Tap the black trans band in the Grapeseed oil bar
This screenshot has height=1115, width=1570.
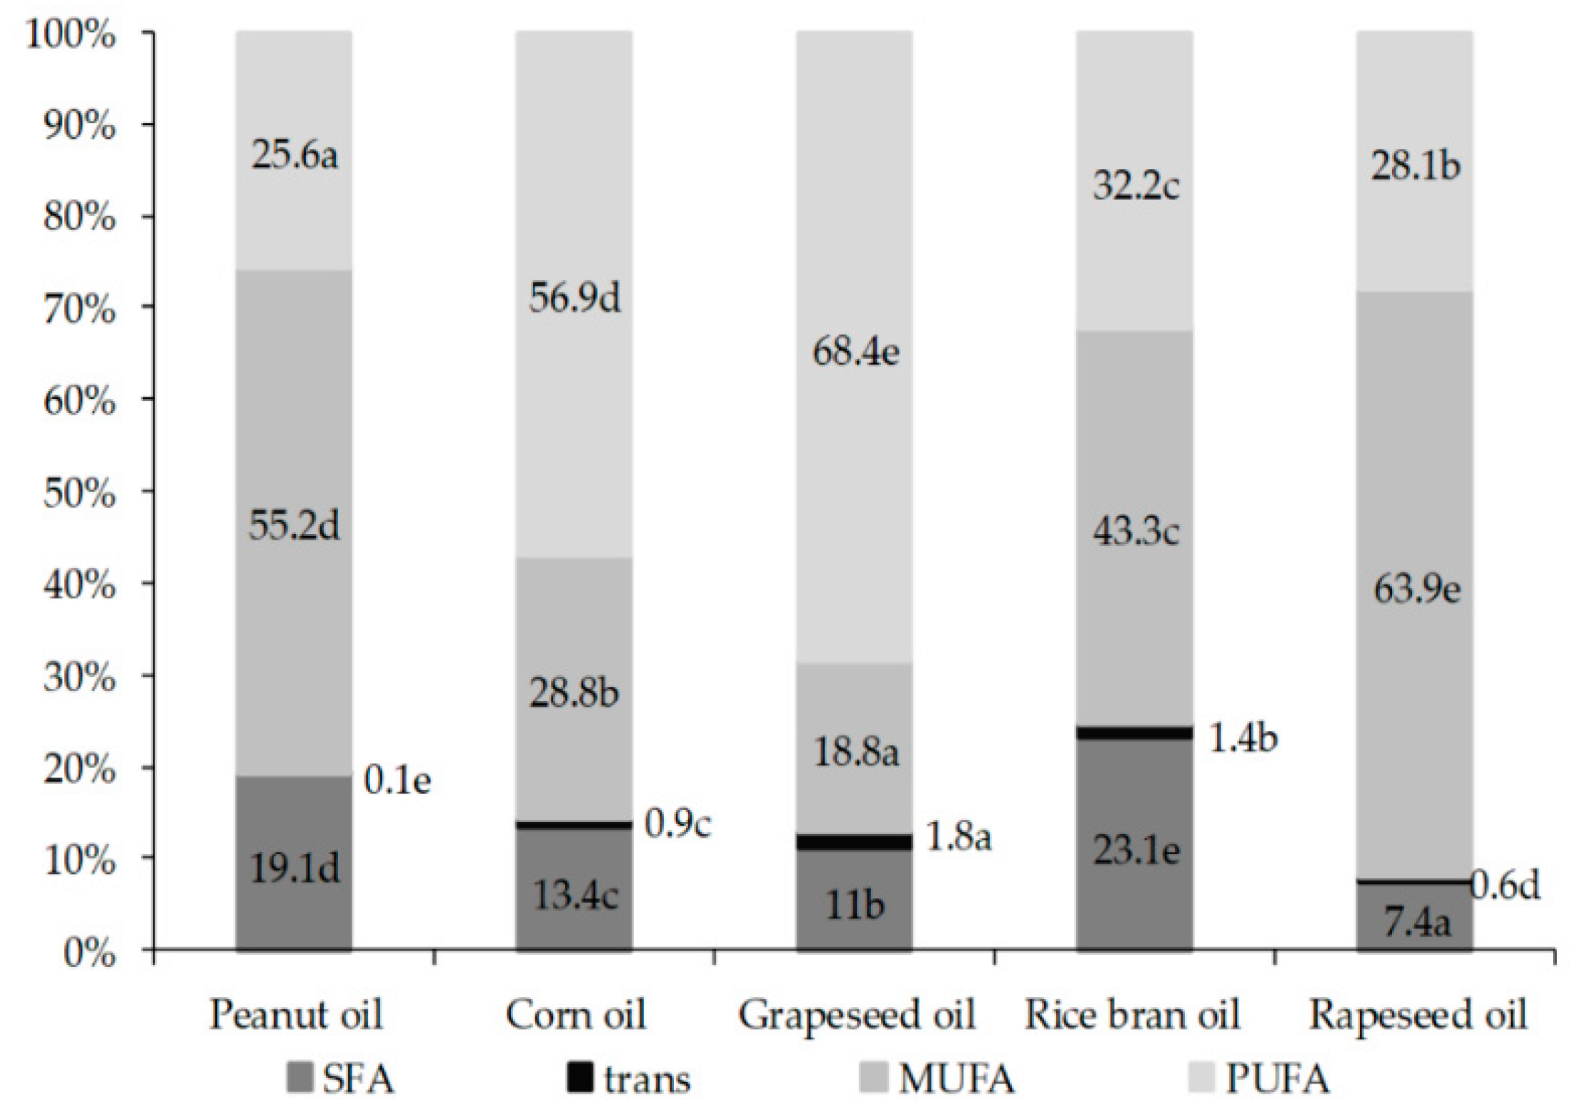click(x=854, y=842)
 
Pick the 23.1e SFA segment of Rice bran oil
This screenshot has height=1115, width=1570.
click(x=1135, y=851)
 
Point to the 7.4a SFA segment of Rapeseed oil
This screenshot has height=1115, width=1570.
click(x=1415, y=922)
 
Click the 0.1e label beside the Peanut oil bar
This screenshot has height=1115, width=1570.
click(x=397, y=780)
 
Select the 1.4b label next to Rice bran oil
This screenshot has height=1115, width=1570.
click(x=1243, y=738)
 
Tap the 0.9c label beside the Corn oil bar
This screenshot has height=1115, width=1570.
click(x=678, y=824)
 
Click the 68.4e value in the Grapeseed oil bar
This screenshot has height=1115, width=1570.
click(x=855, y=352)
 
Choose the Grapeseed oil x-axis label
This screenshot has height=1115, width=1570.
click(x=857, y=1015)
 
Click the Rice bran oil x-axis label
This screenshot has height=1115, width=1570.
click(x=1133, y=1015)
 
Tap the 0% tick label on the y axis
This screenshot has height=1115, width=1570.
click(x=89, y=953)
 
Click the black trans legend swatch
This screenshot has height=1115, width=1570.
click(x=580, y=1079)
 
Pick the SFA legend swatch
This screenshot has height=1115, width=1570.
click(x=299, y=1079)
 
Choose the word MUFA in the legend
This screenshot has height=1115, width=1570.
click(x=957, y=1079)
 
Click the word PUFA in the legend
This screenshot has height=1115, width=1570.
click(x=1277, y=1079)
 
